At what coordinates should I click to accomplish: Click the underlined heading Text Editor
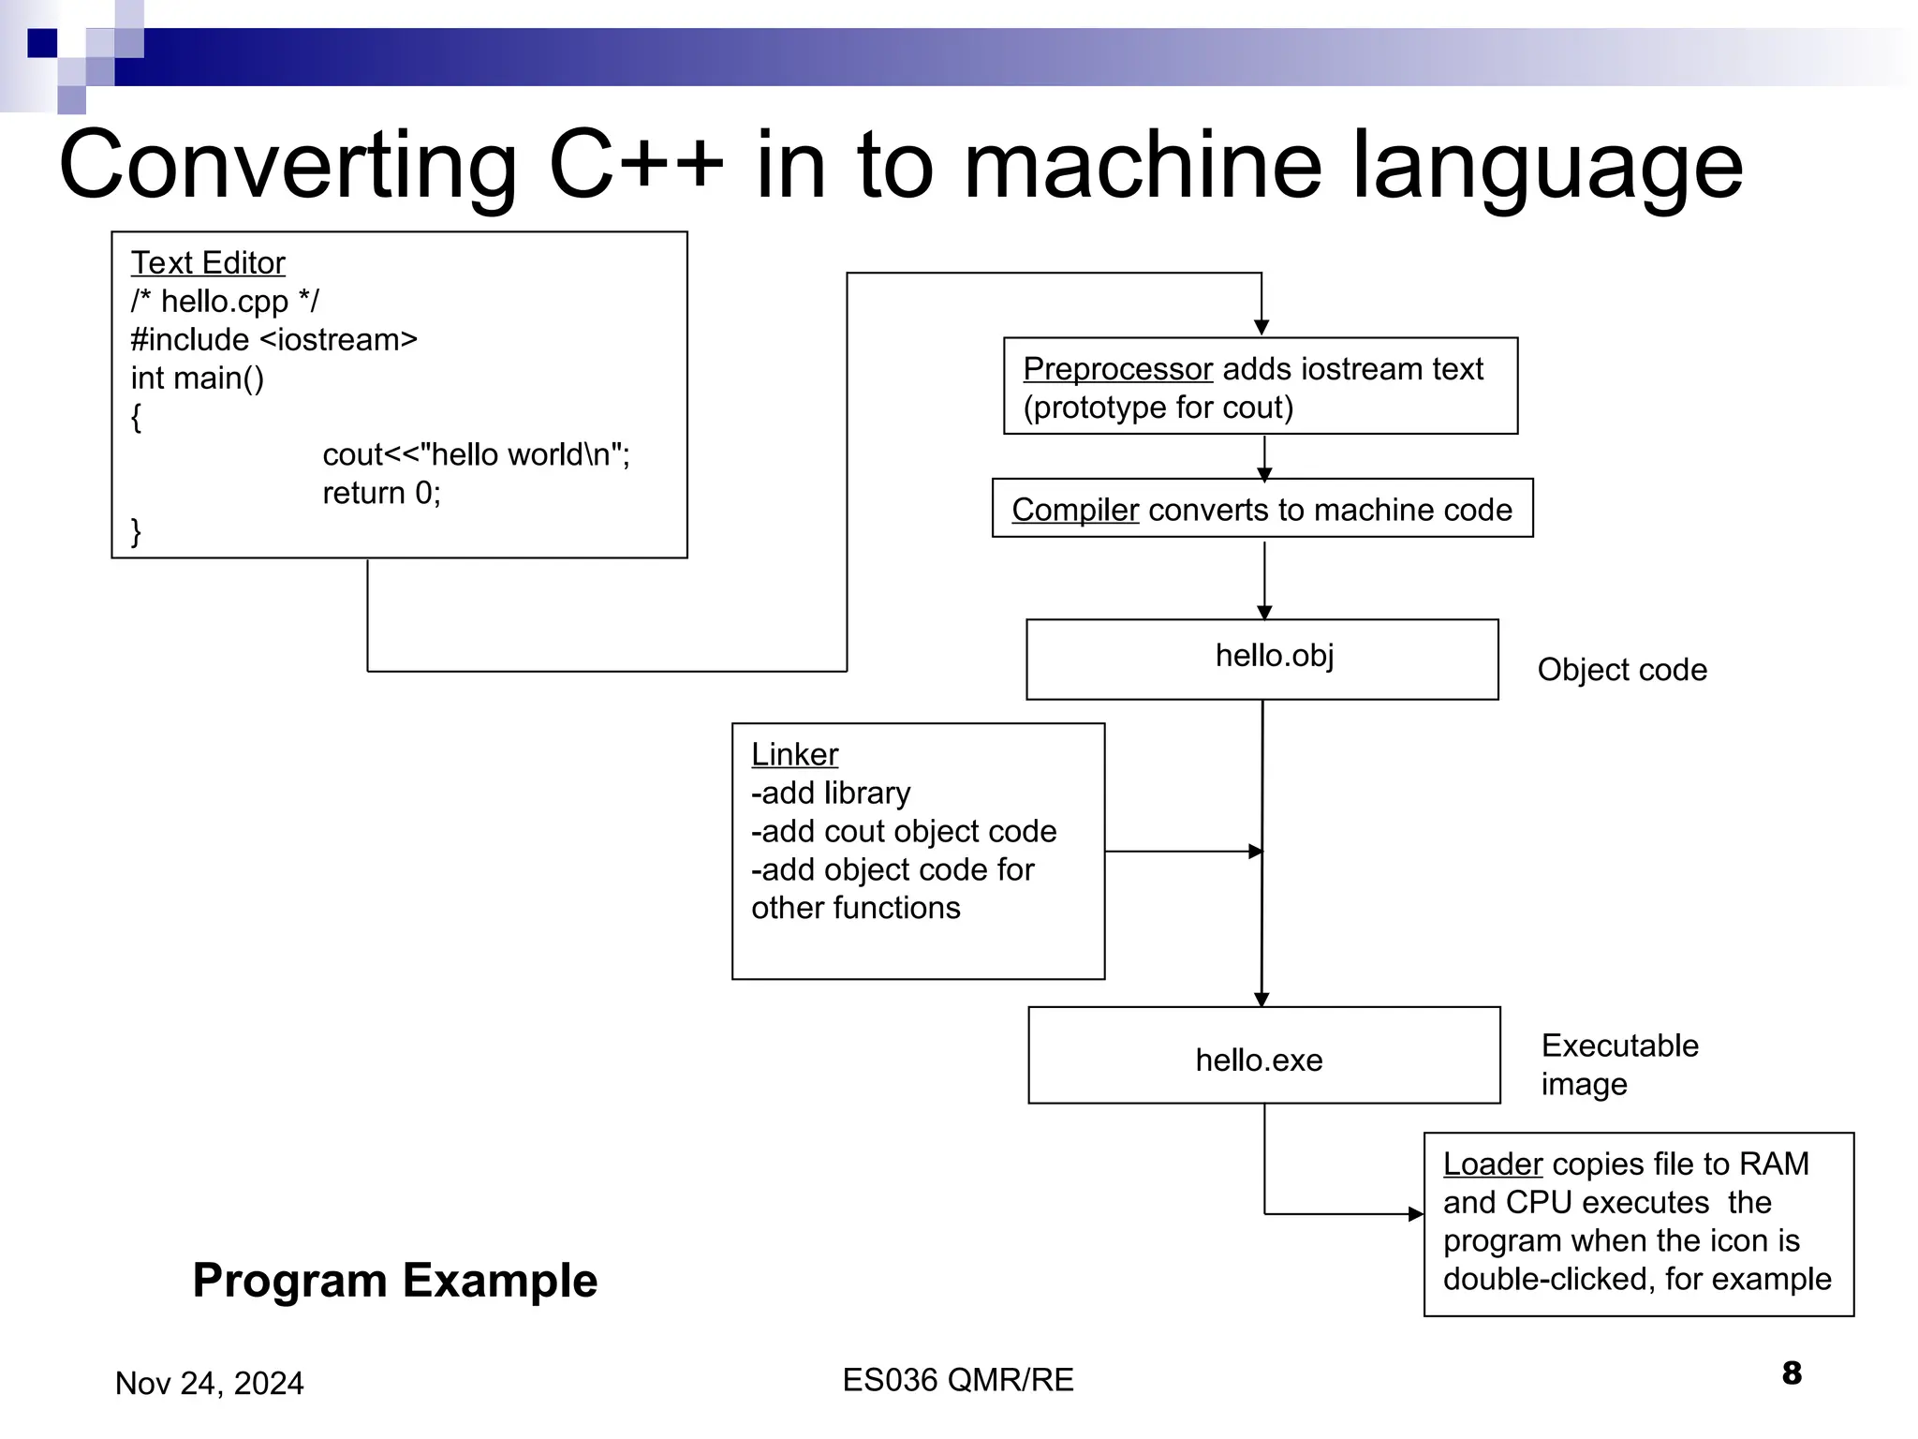coord(208,263)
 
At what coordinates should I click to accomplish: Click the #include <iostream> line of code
coord(273,339)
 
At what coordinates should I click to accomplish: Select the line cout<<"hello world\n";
coord(476,454)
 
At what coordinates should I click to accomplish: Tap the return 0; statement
coord(381,493)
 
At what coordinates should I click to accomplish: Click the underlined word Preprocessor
coord(1117,369)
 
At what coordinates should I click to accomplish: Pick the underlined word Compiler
coord(1075,510)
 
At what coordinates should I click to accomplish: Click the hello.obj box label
coord(1274,656)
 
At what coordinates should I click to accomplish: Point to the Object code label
coord(1622,670)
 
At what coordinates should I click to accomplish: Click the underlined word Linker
coord(794,754)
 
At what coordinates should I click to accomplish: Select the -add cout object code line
coord(904,831)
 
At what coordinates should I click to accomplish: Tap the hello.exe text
coord(1259,1061)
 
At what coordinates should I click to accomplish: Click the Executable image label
coord(1619,1064)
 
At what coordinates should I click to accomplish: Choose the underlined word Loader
coord(1492,1164)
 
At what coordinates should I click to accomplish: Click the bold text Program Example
coord(394,1281)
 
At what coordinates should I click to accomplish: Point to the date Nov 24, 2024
coord(209,1384)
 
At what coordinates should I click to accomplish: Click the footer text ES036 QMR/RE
coord(957,1380)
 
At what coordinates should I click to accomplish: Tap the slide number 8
coord(1792,1373)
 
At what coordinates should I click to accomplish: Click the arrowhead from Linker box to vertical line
coord(1256,852)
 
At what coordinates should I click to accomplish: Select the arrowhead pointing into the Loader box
coord(1416,1214)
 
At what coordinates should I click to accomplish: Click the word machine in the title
coord(1143,166)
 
